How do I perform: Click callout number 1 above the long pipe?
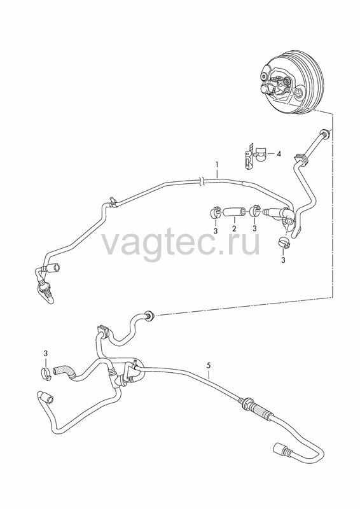217,165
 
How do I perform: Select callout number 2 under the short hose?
234,228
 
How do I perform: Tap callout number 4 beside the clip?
278,154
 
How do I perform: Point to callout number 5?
209,365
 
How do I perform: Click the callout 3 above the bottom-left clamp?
46,353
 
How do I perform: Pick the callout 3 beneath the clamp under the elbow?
283,260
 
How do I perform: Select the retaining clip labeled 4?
255,156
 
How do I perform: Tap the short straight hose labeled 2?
234,213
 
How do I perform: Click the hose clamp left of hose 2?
215,213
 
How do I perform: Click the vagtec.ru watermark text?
181,243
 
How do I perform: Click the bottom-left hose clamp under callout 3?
46,373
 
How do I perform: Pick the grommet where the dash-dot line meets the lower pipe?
150,314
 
